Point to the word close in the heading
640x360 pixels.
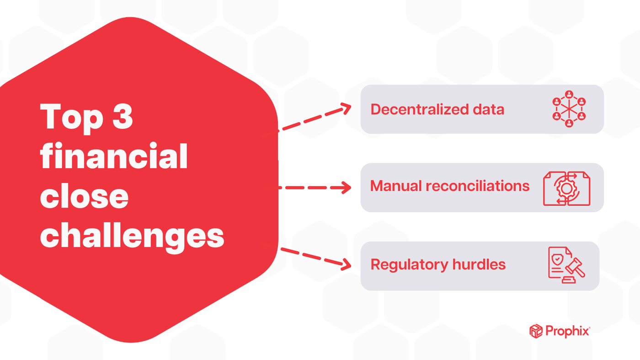84,196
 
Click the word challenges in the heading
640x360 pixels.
132,236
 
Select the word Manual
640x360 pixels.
395,186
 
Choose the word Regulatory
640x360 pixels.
409,264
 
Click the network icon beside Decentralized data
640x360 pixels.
569,109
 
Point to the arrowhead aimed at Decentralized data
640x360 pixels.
346,108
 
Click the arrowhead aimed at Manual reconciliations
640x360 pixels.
346,188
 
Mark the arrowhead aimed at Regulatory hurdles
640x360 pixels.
346,264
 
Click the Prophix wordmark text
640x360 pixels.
567,331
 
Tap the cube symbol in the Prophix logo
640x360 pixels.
536,331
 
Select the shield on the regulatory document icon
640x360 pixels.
557,259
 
